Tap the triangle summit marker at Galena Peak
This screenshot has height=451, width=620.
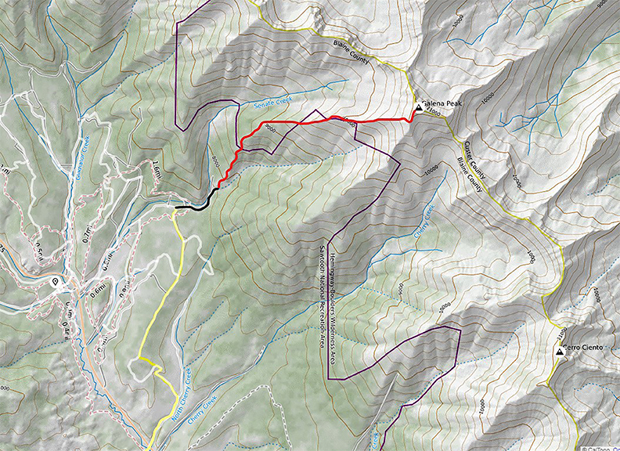418,110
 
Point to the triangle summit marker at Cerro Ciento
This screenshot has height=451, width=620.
559,352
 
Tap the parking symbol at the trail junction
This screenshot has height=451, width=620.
55,282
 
